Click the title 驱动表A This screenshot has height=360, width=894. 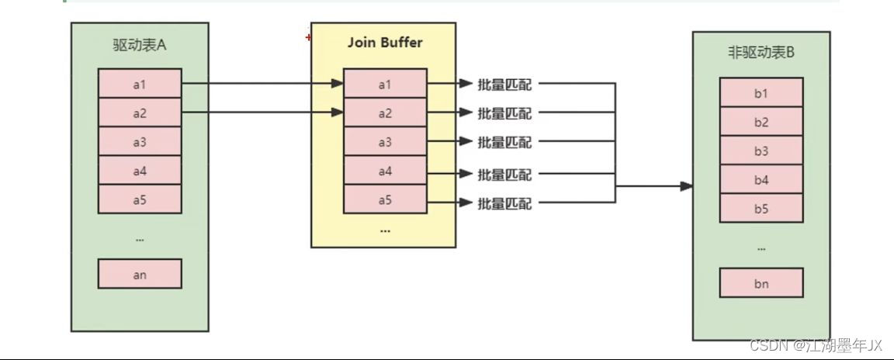(x=140, y=45)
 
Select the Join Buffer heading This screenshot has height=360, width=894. (x=384, y=43)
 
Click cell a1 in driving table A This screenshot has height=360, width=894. (x=140, y=84)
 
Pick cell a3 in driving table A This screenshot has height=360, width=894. (x=140, y=142)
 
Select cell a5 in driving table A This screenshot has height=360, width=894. (x=140, y=199)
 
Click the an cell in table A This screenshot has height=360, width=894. (x=140, y=274)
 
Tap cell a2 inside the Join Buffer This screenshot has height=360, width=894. (x=385, y=113)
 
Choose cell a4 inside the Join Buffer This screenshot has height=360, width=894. (x=385, y=171)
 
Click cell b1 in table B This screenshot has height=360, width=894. (x=761, y=93)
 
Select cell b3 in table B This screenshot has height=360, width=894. (x=761, y=151)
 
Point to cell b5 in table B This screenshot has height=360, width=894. (x=761, y=208)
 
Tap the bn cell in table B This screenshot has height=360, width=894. (x=761, y=283)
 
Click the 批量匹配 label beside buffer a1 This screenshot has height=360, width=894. (x=504, y=85)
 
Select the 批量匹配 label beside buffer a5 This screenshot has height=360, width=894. (x=504, y=203)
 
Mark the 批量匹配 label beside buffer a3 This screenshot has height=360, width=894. (x=504, y=142)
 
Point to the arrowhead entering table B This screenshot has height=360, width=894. (x=685, y=186)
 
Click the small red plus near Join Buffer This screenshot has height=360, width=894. (x=308, y=36)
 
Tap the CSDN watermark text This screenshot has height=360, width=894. (x=816, y=344)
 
